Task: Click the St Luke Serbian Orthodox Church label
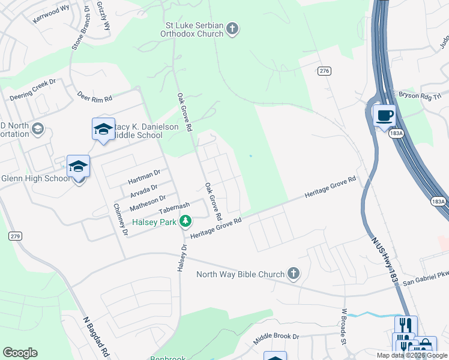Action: pyautogui.click(x=194, y=29)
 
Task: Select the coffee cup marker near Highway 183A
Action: pyautogui.click(x=384, y=115)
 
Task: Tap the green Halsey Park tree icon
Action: pyautogui.click(x=185, y=222)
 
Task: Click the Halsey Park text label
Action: pyautogui.click(x=155, y=223)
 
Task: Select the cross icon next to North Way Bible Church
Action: pyautogui.click(x=293, y=274)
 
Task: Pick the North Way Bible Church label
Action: pyautogui.click(x=240, y=275)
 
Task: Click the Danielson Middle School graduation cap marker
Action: pyautogui.click(x=103, y=129)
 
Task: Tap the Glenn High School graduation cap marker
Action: pyautogui.click(x=78, y=166)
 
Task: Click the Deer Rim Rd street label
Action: pyautogui.click(x=95, y=96)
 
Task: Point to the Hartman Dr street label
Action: pyautogui.click(x=144, y=176)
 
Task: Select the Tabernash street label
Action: pyautogui.click(x=174, y=208)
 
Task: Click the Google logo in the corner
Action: pyautogui.click(x=20, y=353)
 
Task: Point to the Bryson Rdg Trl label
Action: pyautogui.click(x=420, y=95)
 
